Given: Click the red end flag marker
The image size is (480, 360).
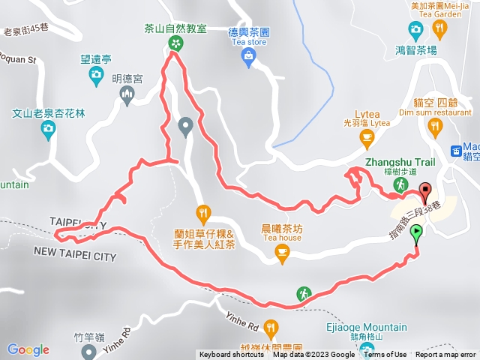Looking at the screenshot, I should (425, 191).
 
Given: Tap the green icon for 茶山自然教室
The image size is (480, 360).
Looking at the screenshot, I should (175, 43).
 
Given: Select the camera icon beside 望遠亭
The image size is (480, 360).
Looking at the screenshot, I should (96, 73).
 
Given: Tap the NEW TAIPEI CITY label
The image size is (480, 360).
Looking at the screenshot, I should (74, 256).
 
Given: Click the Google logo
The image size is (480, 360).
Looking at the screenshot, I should (28, 349).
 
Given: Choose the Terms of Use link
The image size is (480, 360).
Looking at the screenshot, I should (385, 355).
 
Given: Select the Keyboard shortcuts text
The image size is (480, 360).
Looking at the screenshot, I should (231, 355).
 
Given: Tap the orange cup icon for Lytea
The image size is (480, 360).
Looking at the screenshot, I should (367, 136).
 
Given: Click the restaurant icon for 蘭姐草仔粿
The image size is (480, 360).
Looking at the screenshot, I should (201, 211).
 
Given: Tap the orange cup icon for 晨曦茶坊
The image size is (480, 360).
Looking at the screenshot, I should (282, 255).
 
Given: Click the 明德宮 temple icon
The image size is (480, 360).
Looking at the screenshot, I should (126, 93).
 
